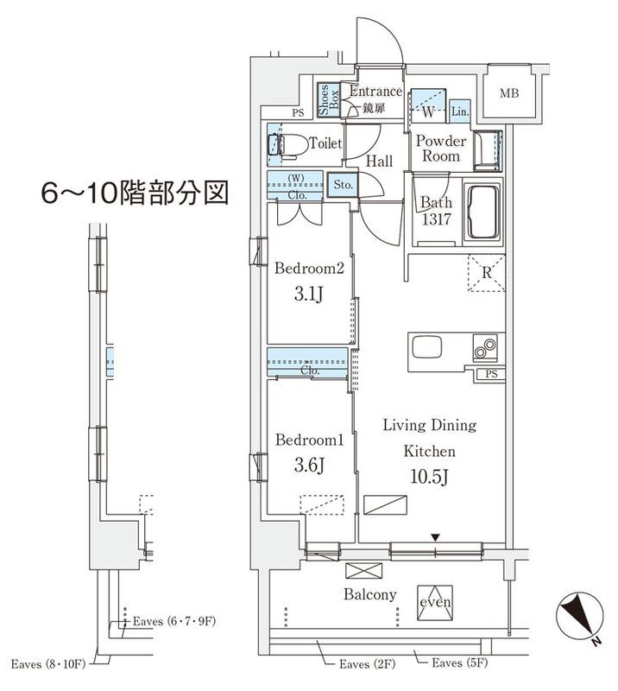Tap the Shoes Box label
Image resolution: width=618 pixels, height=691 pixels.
point(329,101)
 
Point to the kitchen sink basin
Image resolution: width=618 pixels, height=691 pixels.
point(427,348)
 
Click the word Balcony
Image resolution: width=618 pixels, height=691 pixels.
point(370,594)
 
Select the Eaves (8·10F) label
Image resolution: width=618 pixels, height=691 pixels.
point(47,663)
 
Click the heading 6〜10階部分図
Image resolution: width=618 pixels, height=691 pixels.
point(136,193)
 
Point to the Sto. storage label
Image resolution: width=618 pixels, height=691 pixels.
point(343,184)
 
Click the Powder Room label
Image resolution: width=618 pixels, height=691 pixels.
point(441,149)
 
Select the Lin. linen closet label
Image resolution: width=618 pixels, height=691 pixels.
point(459,111)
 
